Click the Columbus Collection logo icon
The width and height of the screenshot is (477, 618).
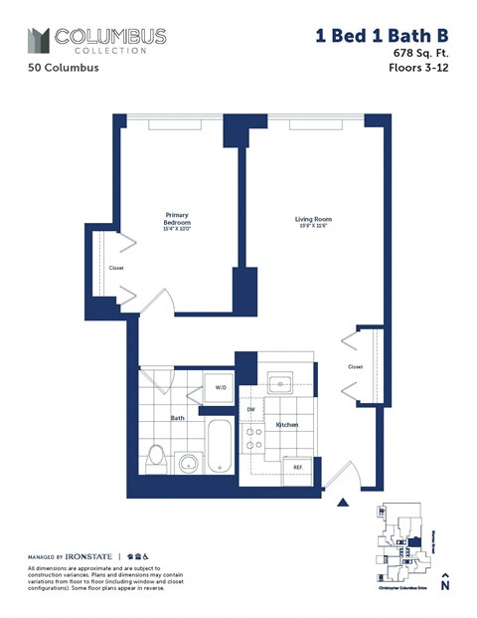(37, 40)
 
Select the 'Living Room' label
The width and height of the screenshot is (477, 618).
(312, 221)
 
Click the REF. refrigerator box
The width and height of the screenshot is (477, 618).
(296, 466)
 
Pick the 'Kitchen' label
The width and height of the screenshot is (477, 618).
(287, 425)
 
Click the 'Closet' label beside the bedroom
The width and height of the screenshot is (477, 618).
(116, 269)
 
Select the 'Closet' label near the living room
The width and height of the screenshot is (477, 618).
(355, 366)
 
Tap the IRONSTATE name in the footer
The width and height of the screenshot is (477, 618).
(88, 555)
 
